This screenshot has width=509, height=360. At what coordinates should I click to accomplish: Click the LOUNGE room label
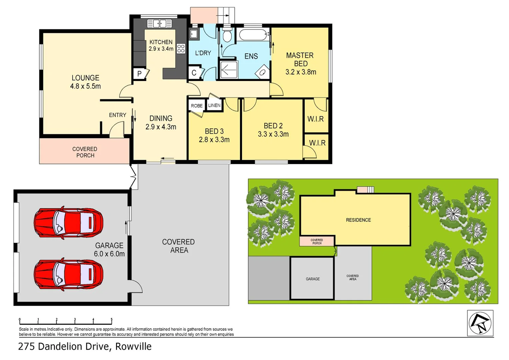click(x=85, y=78)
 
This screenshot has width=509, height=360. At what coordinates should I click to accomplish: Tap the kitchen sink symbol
click(x=159, y=24)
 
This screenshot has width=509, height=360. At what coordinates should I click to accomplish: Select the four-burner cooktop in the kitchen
click(x=181, y=49)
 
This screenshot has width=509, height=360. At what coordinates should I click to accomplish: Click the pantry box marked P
click(x=140, y=74)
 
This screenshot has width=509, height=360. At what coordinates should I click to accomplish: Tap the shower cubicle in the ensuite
click(x=229, y=69)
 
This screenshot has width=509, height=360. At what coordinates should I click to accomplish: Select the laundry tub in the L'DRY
click(x=194, y=34)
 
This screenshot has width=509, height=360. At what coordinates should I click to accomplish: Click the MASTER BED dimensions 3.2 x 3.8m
click(x=301, y=72)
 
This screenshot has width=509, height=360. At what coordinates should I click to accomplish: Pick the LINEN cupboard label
click(x=214, y=105)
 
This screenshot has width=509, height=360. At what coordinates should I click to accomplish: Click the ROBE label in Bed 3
click(x=197, y=106)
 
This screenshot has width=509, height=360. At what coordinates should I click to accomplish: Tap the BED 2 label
click(x=273, y=126)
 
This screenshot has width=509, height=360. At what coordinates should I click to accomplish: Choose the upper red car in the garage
click(x=68, y=222)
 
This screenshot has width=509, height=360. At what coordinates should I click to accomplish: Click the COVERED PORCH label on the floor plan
click(x=85, y=152)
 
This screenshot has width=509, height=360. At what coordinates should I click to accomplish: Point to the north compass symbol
click(x=480, y=323)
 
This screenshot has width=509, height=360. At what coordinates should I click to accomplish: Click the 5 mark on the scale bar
click(x=111, y=320)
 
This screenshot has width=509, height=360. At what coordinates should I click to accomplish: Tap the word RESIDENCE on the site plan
click(x=358, y=220)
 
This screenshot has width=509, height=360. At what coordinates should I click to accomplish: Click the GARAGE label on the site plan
click(x=313, y=279)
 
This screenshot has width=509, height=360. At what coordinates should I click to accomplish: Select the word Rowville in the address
click(x=133, y=347)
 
